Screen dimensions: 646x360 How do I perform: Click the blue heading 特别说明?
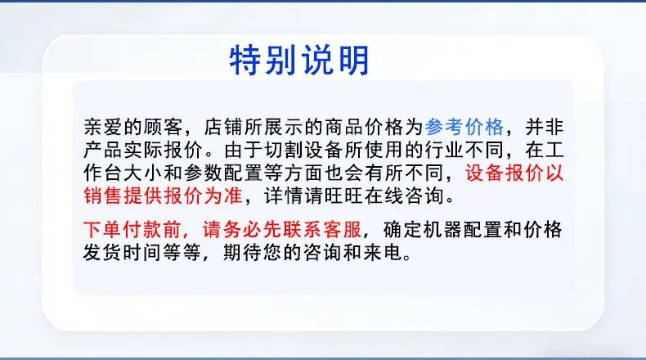pos(299,61)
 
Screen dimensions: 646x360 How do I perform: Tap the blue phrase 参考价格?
pos(464,127)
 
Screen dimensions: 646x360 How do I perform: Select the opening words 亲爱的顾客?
pos(133,127)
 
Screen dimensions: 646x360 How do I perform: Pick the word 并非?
pos(545,127)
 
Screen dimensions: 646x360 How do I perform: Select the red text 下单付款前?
pos(132,229)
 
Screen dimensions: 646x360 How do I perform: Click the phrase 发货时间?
pos(123,252)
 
